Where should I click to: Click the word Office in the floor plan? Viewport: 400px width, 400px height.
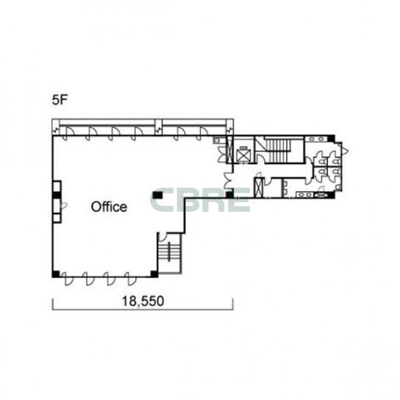pyautogui.click(x=109, y=207)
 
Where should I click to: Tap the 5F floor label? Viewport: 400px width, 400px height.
pyautogui.click(x=59, y=100)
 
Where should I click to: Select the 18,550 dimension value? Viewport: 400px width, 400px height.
pyautogui.click(x=143, y=301)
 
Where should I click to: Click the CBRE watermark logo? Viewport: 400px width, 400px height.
pyautogui.click(x=200, y=200)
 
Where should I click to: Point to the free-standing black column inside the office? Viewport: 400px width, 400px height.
pyautogui.click(x=157, y=196)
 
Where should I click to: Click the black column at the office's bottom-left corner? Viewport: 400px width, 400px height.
pyautogui.click(x=56, y=274)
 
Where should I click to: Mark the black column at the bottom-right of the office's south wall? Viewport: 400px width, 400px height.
pyautogui.click(x=154, y=274)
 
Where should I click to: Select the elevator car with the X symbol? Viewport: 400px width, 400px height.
pyautogui.click(x=243, y=154)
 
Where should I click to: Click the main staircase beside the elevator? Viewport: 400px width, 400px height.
pyautogui.click(x=277, y=151)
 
